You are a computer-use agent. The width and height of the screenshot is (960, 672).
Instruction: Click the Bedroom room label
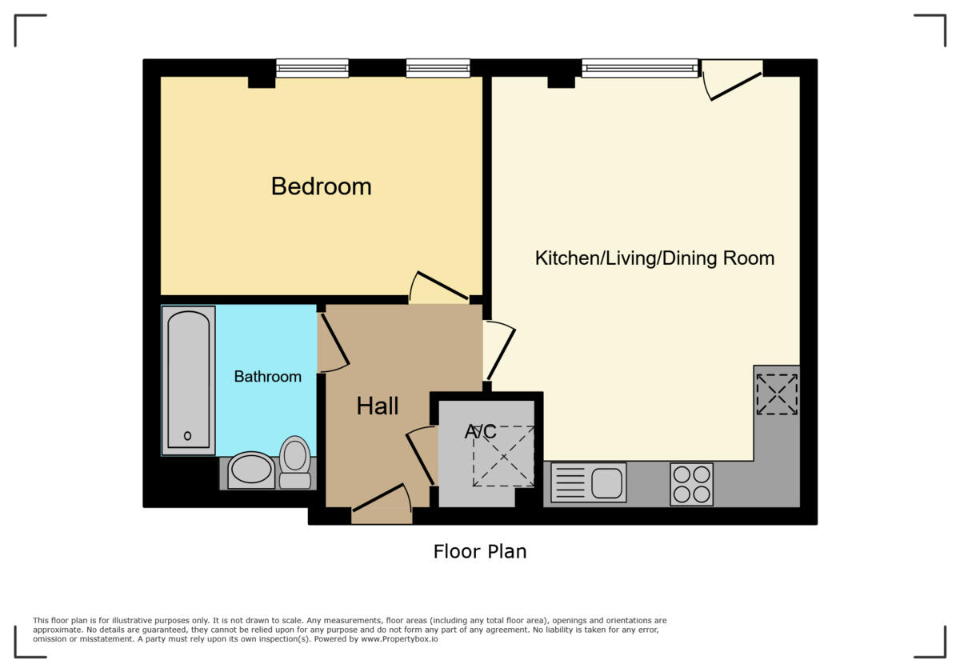(x=321, y=186)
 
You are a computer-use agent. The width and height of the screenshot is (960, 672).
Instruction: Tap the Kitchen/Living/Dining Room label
(x=654, y=258)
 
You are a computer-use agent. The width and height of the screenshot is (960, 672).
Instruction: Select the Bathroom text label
(x=267, y=377)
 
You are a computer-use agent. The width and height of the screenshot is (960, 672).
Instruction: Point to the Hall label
(x=378, y=406)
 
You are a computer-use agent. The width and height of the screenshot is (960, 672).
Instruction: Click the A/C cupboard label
(x=481, y=432)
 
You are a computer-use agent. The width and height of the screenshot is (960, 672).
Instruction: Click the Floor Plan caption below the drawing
(x=480, y=551)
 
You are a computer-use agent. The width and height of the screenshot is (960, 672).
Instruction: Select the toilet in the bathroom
(x=295, y=462)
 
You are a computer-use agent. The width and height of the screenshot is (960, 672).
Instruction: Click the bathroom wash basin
(x=251, y=470)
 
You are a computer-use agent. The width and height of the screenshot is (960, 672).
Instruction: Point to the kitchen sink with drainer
(x=589, y=482)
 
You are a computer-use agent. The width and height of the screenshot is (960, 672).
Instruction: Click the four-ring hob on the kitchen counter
(x=691, y=484)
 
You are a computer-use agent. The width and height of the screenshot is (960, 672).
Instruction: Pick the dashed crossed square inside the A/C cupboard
(x=503, y=456)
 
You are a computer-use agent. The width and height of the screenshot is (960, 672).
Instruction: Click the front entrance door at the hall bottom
(x=382, y=500)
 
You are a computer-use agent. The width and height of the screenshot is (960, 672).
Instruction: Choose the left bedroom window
(x=312, y=69)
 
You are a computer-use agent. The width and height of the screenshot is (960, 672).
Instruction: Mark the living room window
(x=640, y=69)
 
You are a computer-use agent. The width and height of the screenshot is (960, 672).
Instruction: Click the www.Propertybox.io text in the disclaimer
(x=398, y=639)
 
